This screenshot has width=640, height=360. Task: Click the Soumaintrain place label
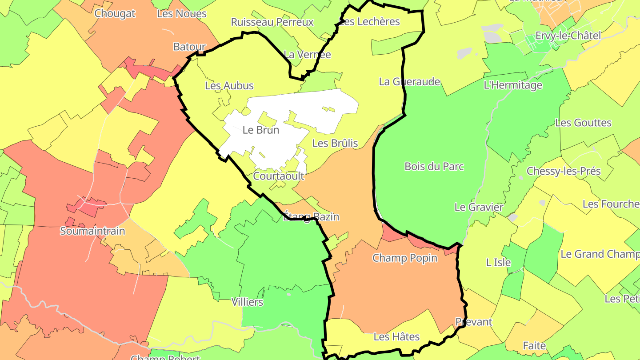[92, 231]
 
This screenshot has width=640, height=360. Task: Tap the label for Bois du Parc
[434, 166]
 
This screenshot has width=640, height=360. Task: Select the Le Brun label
[261, 130]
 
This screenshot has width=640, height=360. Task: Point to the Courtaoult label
[279, 176]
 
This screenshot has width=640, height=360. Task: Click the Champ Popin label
[404, 258]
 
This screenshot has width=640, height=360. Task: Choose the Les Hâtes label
[396, 336]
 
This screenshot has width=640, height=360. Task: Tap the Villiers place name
[247, 302]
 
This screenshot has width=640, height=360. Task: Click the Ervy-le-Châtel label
[568, 36]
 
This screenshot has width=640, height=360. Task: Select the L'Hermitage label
[513, 85]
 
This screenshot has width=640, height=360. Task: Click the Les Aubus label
[229, 86]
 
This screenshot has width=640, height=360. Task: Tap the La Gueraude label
[409, 81]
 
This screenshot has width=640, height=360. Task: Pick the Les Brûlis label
[335, 143]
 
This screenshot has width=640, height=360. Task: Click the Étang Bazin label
[311, 217]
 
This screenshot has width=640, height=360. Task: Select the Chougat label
[115, 13]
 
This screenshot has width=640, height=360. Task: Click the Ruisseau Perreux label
[272, 22]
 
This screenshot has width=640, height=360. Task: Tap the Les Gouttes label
[583, 123]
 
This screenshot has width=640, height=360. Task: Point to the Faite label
[534, 345]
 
